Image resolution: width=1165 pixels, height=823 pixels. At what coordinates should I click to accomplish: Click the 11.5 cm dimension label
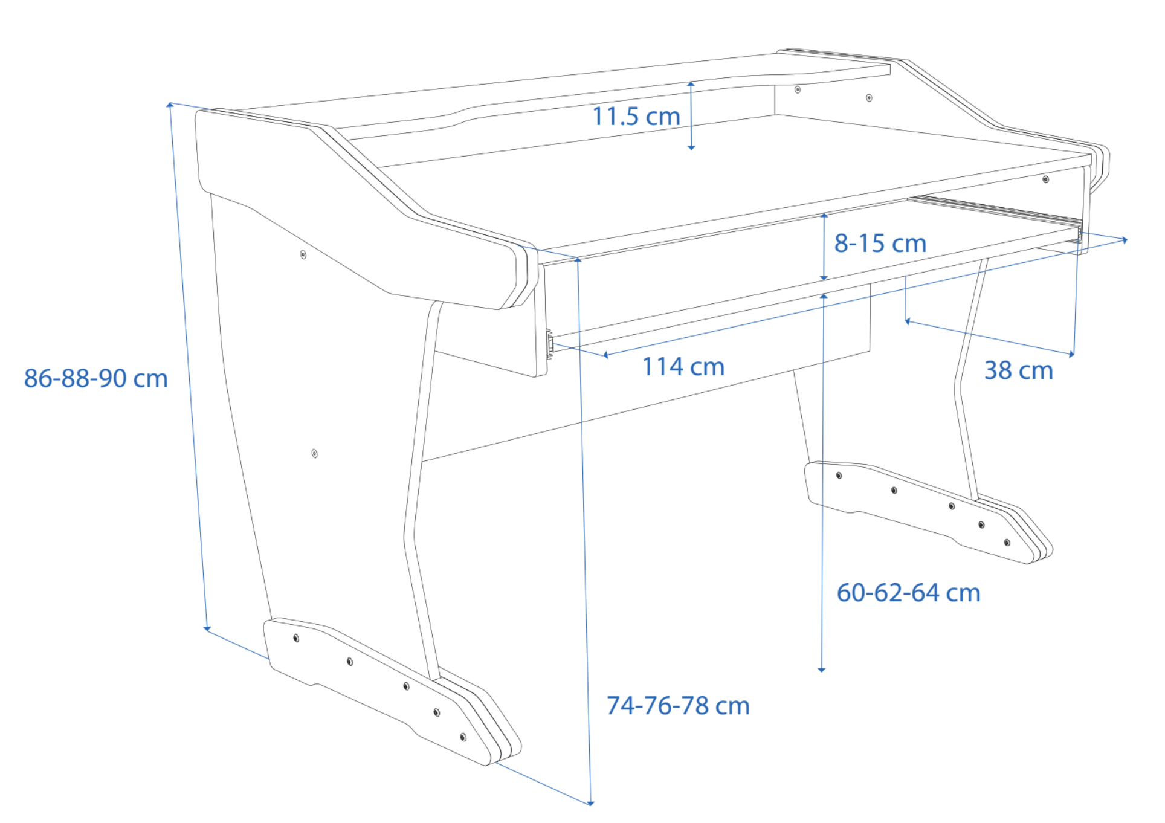pos(636,116)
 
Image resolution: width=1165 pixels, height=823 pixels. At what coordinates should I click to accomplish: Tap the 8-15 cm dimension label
pos(880,243)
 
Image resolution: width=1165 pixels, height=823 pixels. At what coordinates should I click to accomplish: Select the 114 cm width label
pos(683,366)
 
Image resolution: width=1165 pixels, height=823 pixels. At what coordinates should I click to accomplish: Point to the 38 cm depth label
pos(1018,370)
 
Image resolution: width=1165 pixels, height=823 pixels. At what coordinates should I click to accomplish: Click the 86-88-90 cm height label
pos(95,378)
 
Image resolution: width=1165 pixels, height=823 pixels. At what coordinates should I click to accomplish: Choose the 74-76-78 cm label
pos(677,705)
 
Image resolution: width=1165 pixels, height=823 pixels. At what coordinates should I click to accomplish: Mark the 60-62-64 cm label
pos(908,592)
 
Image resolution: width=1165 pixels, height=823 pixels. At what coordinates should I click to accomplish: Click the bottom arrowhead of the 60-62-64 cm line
pos(821,669)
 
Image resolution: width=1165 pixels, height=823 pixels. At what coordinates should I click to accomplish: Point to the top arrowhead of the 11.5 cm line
pos(691,84)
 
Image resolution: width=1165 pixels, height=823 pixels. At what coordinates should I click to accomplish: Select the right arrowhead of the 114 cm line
pos(1125,240)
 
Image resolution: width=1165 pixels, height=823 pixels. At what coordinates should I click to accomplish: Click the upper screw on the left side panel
pos(303,254)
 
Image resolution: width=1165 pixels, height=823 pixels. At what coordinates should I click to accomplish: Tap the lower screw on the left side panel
pos(314,453)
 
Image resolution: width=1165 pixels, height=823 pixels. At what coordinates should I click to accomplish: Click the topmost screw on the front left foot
pos(296,638)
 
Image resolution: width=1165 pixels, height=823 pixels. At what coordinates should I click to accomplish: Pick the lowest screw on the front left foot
pos(463,737)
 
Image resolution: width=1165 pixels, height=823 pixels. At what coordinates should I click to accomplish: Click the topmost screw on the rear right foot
pos(839,476)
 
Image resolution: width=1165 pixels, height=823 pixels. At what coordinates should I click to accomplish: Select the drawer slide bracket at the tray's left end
pos(550,344)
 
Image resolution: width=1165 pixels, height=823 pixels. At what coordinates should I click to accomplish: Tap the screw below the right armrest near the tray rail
pos(1045,179)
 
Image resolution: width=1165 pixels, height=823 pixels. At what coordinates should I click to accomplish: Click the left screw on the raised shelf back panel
pos(798,89)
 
